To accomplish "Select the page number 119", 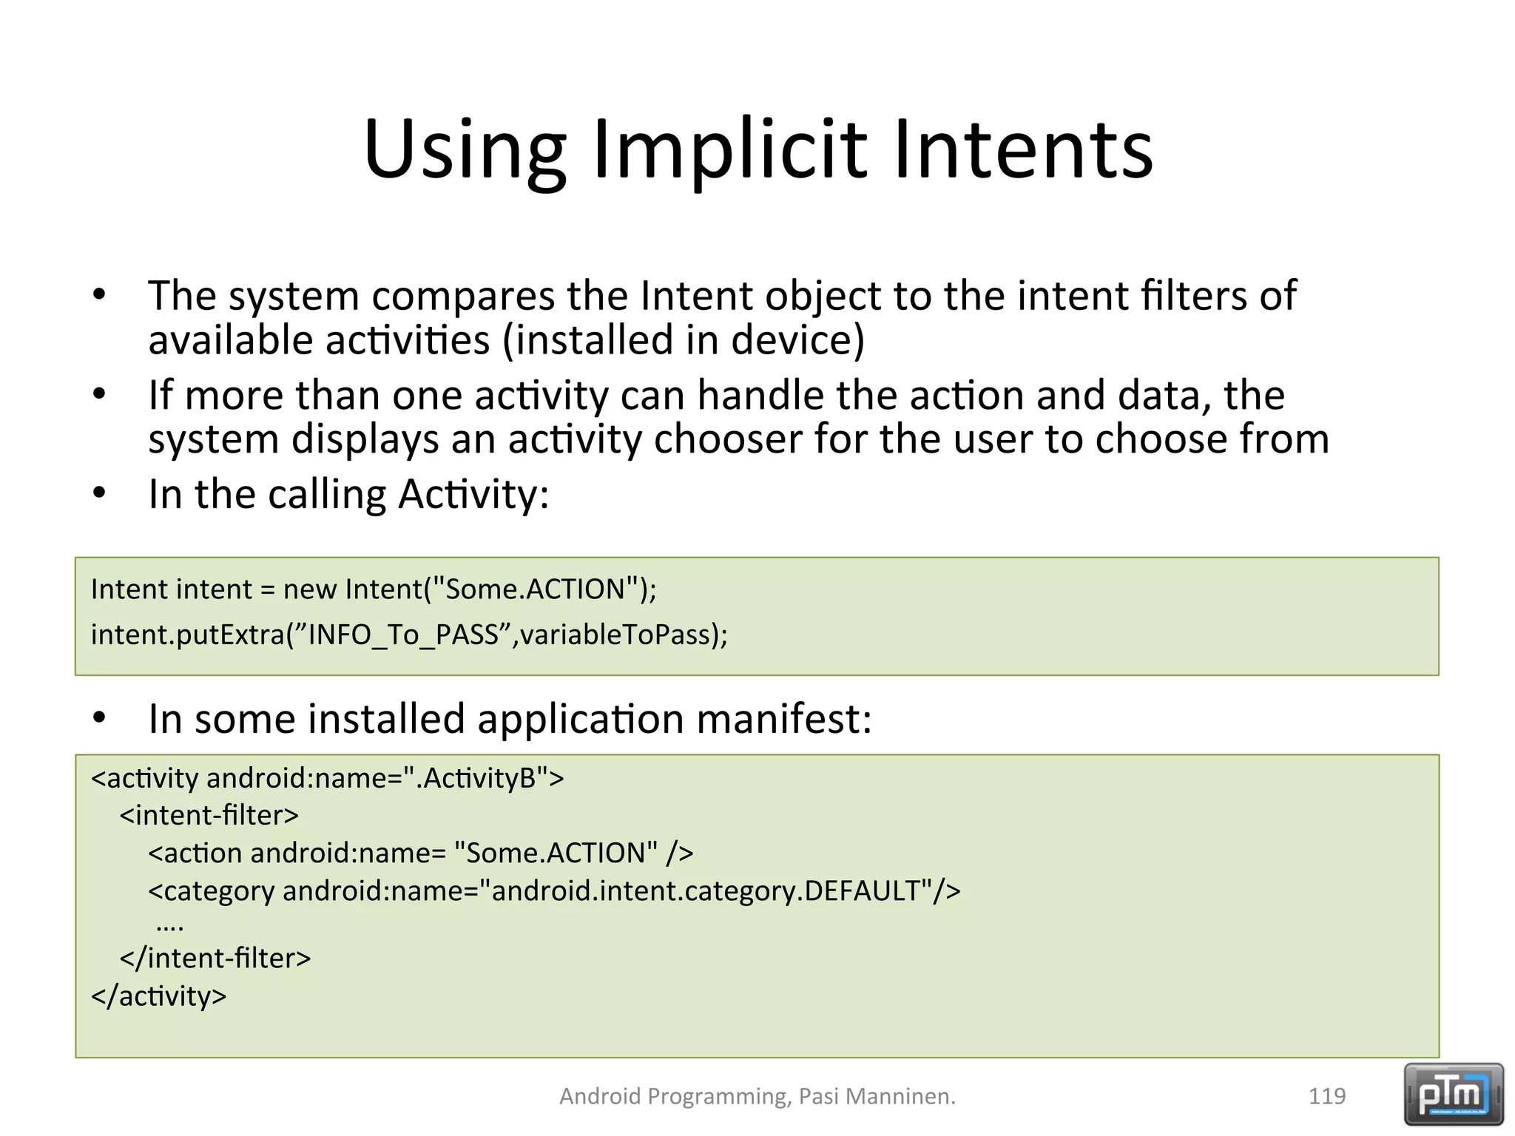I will [x=1326, y=1096].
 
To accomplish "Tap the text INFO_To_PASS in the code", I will [x=403, y=635].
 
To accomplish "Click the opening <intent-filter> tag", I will [x=209, y=815].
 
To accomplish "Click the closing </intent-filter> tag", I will [x=215, y=958].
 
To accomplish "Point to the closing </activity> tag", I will [x=158, y=996].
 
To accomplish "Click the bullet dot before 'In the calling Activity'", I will [x=100, y=493].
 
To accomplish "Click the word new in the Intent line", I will [x=310, y=589].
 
